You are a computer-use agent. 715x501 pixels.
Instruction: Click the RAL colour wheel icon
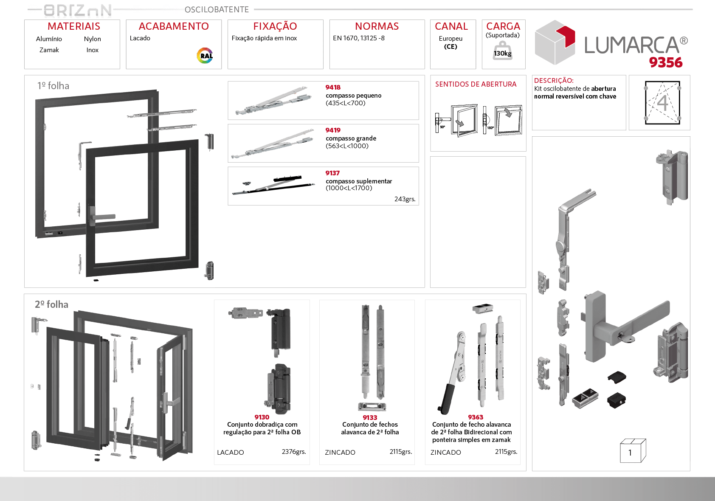(205, 56)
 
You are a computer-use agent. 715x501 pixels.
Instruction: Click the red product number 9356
(665, 62)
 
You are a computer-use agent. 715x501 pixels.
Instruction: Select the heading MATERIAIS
(74, 26)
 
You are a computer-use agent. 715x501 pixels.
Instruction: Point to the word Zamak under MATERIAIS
(49, 50)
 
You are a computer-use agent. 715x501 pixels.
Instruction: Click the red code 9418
(333, 87)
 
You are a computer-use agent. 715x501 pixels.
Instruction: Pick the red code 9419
(333, 130)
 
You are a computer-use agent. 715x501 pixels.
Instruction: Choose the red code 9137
(332, 173)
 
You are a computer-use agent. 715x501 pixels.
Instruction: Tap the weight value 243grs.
(405, 199)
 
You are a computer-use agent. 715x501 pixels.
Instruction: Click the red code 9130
(262, 417)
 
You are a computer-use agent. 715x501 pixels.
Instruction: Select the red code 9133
(370, 417)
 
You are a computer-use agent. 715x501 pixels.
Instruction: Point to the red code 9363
(476, 417)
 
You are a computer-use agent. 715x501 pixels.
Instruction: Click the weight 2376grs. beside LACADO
(294, 452)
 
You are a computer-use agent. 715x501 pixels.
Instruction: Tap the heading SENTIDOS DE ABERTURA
(476, 84)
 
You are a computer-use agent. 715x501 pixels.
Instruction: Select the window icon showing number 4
(662, 103)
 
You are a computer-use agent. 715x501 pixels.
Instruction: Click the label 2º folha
(51, 304)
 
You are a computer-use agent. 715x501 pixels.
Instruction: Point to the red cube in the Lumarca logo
(566, 36)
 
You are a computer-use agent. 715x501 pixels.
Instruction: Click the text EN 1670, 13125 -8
(359, 38)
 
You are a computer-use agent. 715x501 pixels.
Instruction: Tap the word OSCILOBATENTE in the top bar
(217, 9)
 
